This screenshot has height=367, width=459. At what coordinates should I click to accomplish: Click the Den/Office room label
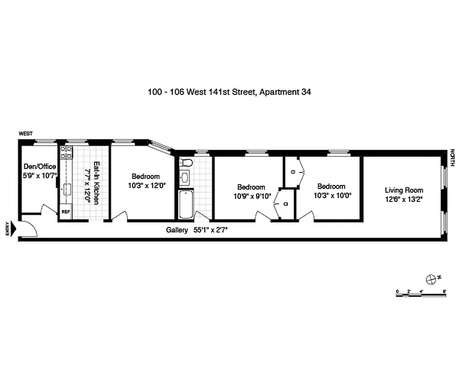[40, 167]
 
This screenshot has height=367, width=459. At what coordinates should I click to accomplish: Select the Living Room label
[404, 190]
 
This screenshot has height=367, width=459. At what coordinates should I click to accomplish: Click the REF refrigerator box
[66, 212]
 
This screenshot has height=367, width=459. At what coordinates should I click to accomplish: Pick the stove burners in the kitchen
[66, 152]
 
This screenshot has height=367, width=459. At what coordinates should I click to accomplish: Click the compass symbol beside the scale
[431, 278]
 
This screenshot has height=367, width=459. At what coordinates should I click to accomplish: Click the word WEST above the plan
[25, 133]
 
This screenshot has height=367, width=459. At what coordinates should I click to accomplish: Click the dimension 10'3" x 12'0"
[146, 185]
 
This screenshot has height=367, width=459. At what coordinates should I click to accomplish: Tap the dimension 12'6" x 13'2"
[404, 199]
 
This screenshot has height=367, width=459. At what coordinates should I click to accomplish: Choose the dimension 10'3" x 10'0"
[331, 195]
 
